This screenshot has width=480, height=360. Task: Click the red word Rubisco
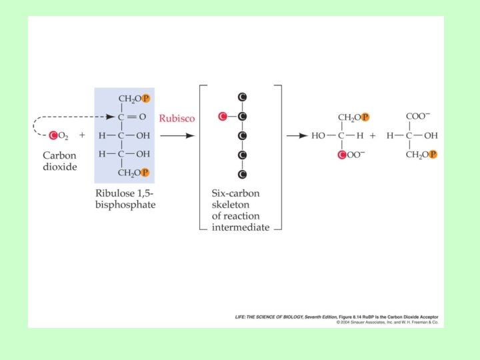(x=177, y=118)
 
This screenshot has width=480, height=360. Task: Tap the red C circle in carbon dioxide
(x=54, y=135)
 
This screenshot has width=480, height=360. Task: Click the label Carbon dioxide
(x=60, y=160)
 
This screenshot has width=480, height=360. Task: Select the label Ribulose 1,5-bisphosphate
(x=125, y=199)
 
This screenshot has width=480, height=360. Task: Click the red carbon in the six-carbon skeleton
(x=223, y=117)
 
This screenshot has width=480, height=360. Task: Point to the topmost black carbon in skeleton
(x=243, y=97)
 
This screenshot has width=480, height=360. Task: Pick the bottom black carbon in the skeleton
(x=243, y=175)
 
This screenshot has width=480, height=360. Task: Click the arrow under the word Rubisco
(x=177, y=135)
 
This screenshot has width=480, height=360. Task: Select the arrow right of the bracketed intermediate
(x=296, y=135)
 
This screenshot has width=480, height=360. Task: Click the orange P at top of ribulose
(x=146, y=99)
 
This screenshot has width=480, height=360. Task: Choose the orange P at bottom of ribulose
(x=146, y=173)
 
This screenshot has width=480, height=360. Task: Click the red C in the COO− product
(x=342, y=155)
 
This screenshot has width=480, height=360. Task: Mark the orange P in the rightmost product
(x=433, y=155)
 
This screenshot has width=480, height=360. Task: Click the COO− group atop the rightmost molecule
(x=418, y=115)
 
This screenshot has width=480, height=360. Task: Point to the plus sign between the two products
(x=373, y=135)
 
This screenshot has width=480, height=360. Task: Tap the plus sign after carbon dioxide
(x=82, y=135)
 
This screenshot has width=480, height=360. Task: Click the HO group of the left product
(x=319, y=135)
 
